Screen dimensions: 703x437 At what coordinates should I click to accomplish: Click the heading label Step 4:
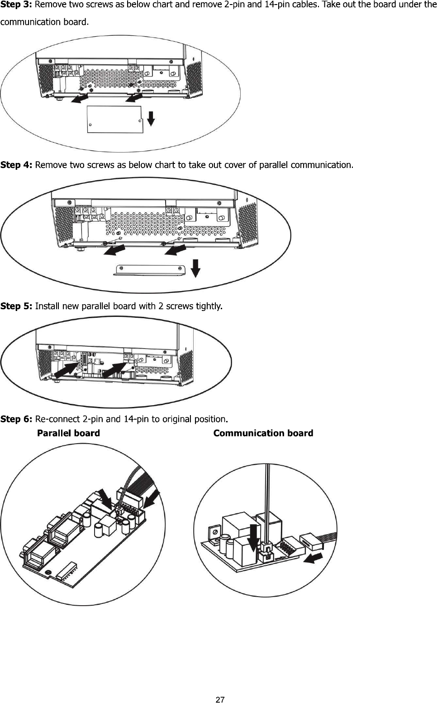(17, 165)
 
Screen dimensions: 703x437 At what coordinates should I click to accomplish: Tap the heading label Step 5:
(17, 306)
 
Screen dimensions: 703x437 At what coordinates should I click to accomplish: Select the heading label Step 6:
(17, 419)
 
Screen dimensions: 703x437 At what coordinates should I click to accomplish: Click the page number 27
(220, 700)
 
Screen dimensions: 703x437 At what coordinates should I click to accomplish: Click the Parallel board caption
(68, 433)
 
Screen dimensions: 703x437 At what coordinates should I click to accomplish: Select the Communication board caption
(263, 433)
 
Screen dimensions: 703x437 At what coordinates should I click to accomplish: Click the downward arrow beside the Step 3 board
(152, 117)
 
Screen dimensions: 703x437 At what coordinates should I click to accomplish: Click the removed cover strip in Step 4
(151, 270)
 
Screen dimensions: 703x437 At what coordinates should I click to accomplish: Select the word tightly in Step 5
(208, 306)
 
